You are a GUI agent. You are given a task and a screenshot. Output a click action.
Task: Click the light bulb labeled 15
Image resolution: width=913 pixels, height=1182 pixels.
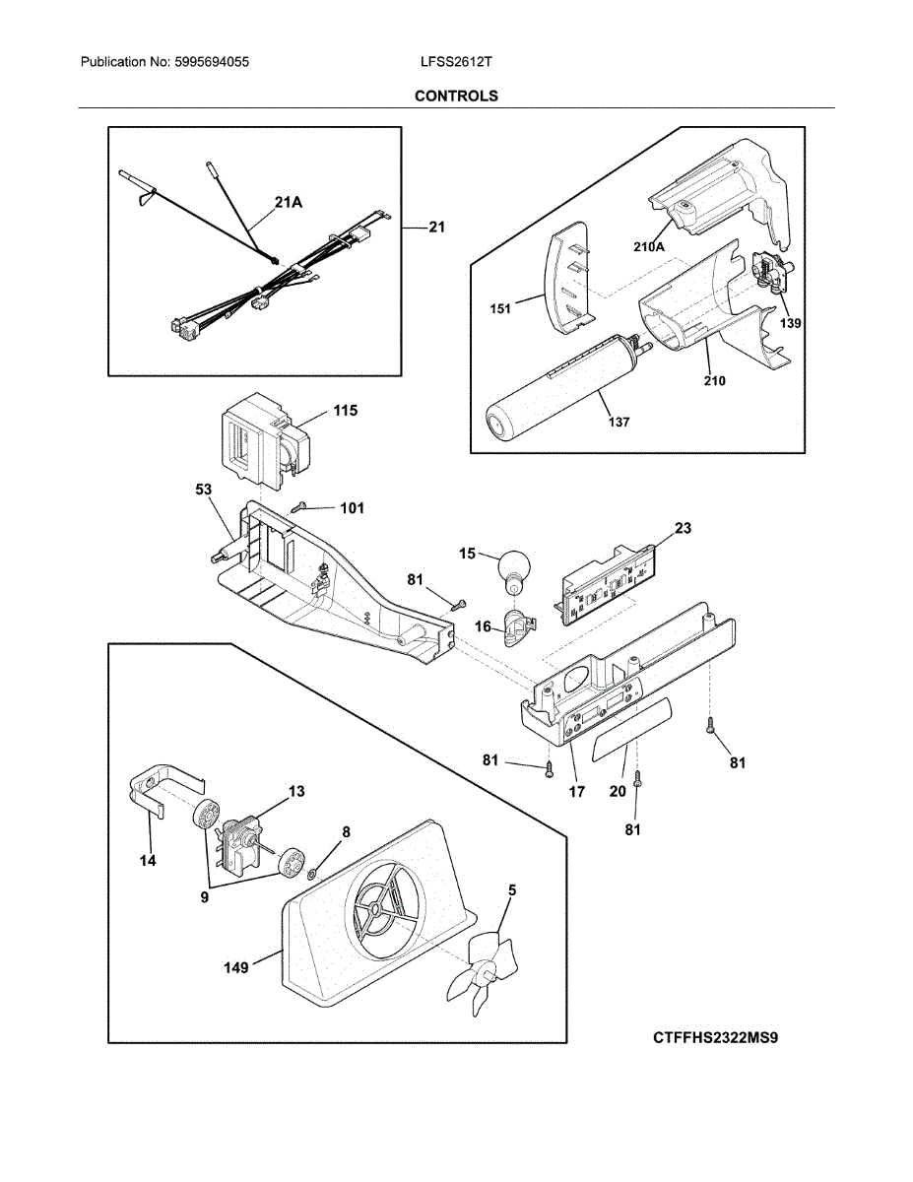pos(514,572)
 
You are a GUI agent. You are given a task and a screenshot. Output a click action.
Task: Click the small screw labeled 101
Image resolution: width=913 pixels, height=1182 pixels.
pos(299,507)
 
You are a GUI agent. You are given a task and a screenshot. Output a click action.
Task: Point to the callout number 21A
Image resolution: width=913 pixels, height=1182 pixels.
pos(289,203)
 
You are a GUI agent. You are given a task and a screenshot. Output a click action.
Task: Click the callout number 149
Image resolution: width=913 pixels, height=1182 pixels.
pos(236,967)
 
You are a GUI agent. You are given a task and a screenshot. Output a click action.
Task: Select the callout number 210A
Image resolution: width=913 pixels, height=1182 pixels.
pos(649,247)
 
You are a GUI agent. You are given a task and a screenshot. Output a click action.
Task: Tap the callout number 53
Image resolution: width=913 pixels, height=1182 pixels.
pos(203,490)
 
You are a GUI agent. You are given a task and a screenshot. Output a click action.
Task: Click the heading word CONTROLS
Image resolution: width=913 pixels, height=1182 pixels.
pos(456,96)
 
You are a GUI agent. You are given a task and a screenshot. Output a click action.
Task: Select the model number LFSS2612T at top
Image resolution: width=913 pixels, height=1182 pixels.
pos(456,62)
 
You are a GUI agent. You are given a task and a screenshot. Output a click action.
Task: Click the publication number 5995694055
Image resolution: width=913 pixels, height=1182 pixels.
pos(212,62)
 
